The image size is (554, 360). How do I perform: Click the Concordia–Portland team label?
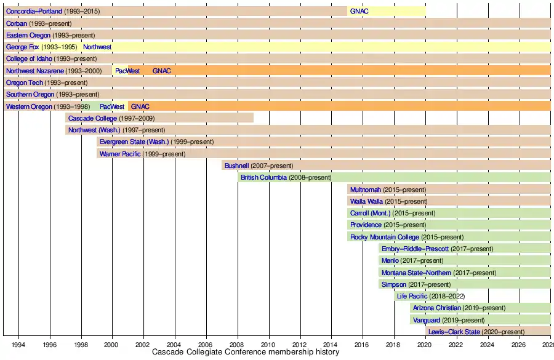tap(34, 12)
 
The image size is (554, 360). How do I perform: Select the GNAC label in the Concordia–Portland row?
tap(359, 12)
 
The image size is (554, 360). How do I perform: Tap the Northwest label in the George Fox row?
tap(97, 47)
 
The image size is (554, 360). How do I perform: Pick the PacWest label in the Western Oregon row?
tap(112, 107)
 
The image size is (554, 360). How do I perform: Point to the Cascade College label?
tap(92, 119)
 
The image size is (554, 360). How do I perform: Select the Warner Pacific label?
tap(119, 154)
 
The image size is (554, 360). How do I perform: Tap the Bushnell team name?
tap(236, 166)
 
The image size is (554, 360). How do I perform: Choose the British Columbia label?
tap(263, 178)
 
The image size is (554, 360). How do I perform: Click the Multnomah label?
tap(366, 190)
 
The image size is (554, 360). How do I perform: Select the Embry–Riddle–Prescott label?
tap(415, 249)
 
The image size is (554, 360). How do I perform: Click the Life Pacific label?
tap(412, 297)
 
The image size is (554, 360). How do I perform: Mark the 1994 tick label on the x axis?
tap(18, 344)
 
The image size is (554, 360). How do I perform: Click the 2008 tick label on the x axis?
tap(237, 344)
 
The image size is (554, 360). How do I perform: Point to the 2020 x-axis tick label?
tap(425, 344)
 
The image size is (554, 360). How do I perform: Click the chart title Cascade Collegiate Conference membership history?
tap(245, 353)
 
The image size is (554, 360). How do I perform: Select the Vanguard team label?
tap(426, 321)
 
